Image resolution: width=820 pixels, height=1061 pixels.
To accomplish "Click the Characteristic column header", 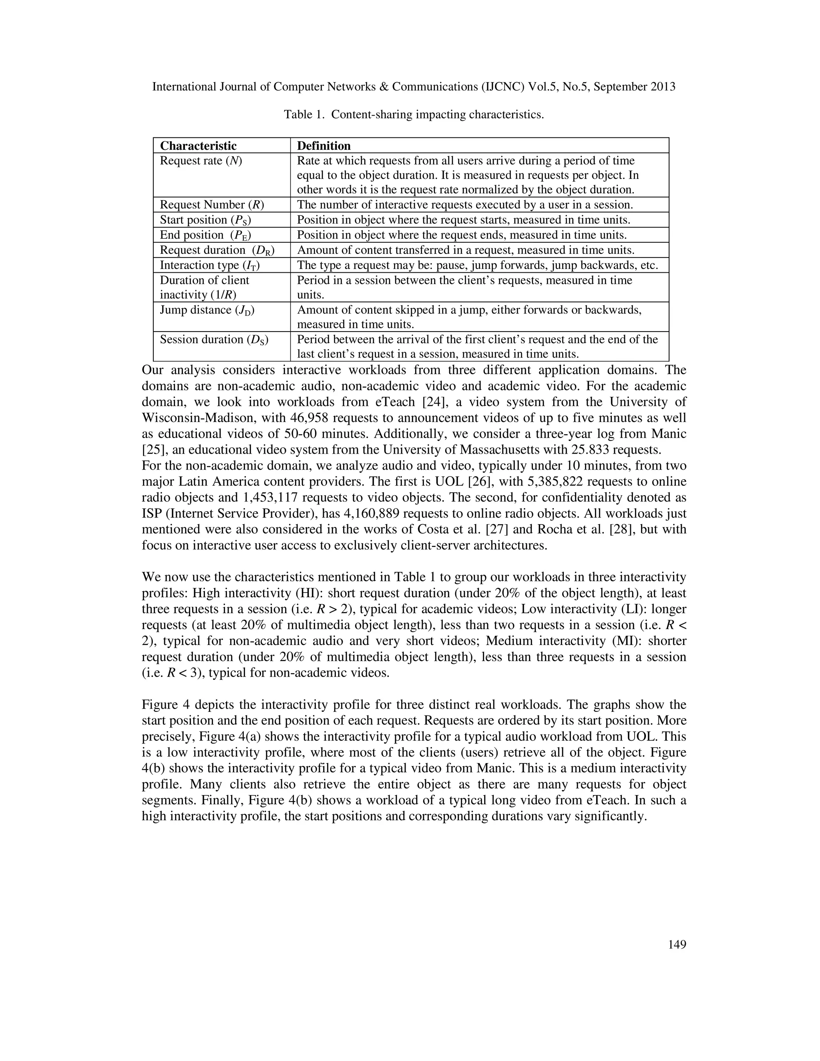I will click(198, 146).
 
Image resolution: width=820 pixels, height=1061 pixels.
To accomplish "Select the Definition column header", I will click(324, 146).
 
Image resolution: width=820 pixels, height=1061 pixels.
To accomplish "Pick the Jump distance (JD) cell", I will click(207, 310).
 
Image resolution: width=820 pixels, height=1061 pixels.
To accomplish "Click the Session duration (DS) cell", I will click(214, 340).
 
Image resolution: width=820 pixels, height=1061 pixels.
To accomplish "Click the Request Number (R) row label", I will click(212, 205).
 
